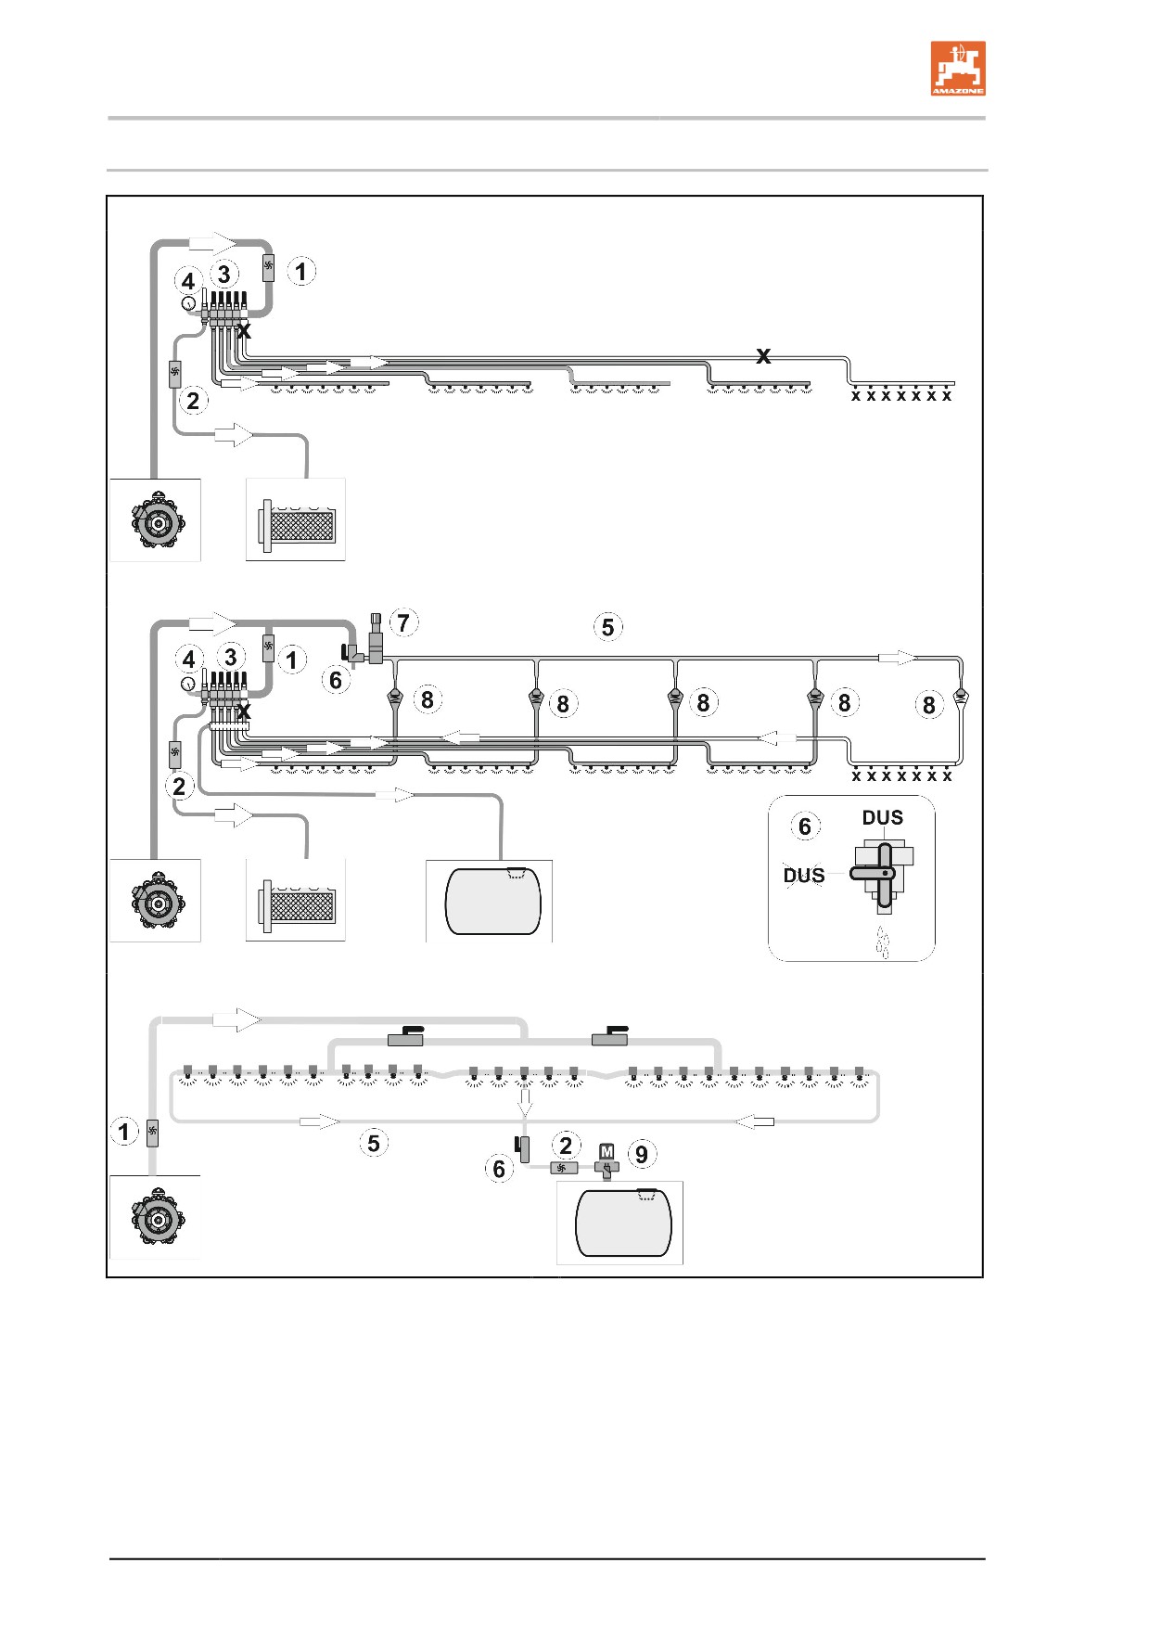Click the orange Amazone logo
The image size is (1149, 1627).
[x=958, y=68]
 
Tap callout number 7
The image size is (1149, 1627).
[x=403, y=622]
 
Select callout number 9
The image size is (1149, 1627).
[x=642, y=1155]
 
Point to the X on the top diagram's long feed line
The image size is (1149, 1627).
[x=763, y=355]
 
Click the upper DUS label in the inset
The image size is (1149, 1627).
[x=883, y=817]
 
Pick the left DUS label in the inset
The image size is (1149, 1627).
[x=804, y=875]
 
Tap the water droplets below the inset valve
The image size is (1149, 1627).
[x=883, y=942]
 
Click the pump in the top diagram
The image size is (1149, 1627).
[x=158, y=522]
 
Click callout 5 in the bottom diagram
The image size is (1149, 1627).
[x=374, y=1143]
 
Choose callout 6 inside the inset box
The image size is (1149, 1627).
[x=805, y=826]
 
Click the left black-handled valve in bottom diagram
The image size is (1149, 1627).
[x=405, y=1037]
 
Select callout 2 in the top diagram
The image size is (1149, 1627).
[x=193, y=401]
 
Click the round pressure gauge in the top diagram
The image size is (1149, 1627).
[x=188, y=302]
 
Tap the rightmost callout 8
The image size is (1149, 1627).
[x=929, y=705]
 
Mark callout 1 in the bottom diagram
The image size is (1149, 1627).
[x=124, y=1132]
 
